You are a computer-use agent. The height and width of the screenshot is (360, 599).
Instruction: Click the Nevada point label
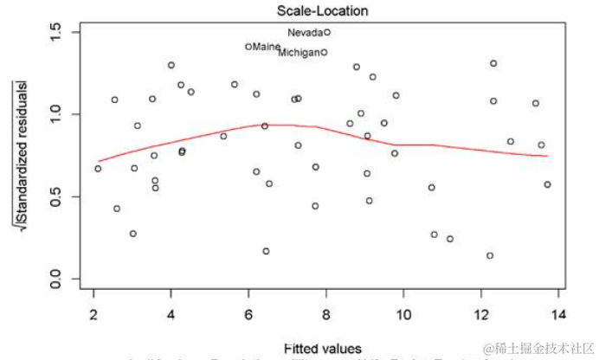coord(305,33)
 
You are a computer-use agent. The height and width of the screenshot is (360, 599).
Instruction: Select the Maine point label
coord(267,47)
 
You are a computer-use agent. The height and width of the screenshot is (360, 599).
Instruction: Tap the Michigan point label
coord(299,53)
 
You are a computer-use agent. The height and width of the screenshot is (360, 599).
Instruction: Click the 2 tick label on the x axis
coord(93,312)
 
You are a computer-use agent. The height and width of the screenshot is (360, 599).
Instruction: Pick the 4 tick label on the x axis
coord(171,312)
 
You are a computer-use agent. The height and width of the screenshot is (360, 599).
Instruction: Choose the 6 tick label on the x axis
coord(248,312)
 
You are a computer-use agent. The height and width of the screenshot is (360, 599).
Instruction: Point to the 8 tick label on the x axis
coord(326,312)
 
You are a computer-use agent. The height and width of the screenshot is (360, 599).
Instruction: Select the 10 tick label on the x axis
coord(404,312)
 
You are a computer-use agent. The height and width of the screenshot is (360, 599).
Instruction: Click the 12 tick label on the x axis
coord(481,312)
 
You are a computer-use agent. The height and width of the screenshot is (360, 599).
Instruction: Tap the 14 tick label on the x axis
coord(559,312)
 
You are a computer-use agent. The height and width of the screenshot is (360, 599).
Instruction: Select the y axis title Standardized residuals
coord(18,156)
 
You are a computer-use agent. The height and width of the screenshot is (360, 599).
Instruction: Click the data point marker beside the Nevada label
coord(327,32)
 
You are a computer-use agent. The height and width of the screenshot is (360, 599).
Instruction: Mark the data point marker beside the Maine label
coord(248,47)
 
